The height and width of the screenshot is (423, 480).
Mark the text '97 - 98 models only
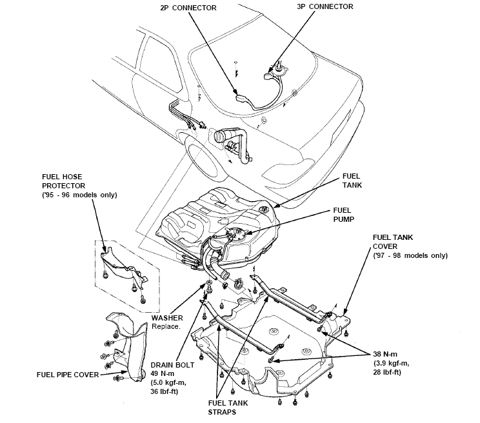click(x=410, y=255)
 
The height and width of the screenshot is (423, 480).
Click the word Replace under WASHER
click(x=166, y=326)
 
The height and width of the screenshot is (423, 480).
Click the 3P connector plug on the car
click(x=270, y=77)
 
